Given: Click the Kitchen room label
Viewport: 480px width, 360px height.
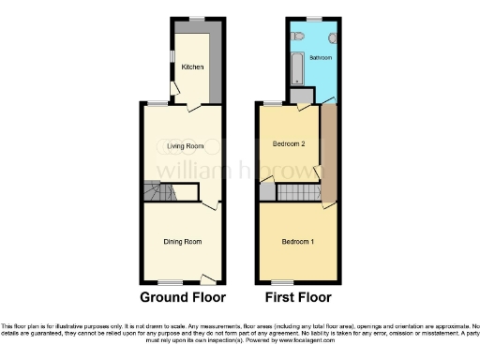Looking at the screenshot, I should (192, 67).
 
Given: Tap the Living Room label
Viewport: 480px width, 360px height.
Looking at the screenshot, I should (185, 146).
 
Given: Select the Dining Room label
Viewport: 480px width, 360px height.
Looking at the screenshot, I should (183, 243).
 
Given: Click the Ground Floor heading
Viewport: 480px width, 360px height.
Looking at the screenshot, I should (183, 298).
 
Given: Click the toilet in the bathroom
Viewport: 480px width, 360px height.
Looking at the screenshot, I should (298, 36).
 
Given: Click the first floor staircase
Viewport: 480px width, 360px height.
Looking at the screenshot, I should (267, 192).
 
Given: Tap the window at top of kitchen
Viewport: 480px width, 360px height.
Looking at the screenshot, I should (197, 20).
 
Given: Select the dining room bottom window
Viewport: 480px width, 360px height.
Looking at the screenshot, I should (170, 282).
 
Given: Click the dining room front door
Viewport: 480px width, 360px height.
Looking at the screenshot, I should (209, 278).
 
